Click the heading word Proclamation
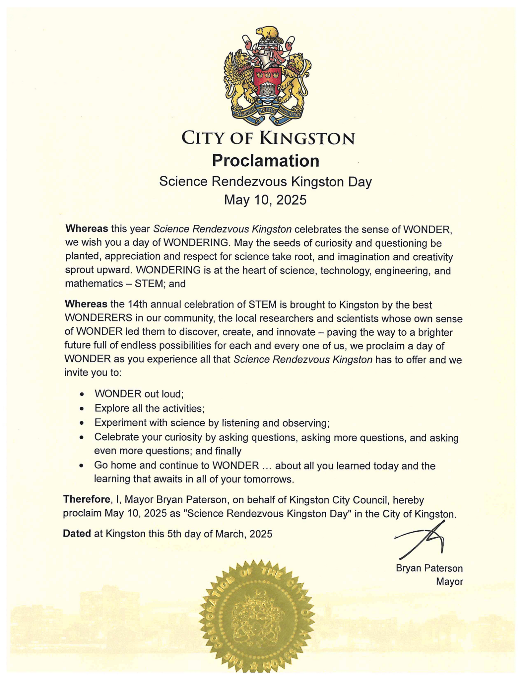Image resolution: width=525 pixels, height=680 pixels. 265,161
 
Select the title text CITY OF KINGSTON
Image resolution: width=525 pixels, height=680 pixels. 268,138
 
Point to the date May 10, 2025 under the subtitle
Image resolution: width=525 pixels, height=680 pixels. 265,200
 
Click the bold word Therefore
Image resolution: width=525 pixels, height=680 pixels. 87,499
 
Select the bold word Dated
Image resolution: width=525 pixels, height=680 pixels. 77,534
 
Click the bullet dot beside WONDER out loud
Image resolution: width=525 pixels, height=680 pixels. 82,394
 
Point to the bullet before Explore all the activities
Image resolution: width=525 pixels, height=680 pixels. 82,409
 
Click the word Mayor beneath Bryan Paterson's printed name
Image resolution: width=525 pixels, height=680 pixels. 449,581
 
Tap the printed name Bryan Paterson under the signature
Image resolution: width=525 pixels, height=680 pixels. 429,568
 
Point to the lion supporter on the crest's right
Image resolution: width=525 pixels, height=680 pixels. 295,80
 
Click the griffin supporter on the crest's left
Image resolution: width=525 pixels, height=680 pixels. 239,80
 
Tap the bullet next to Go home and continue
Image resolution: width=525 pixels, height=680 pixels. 82,466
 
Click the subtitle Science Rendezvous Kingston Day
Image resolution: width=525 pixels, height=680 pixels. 265,182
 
